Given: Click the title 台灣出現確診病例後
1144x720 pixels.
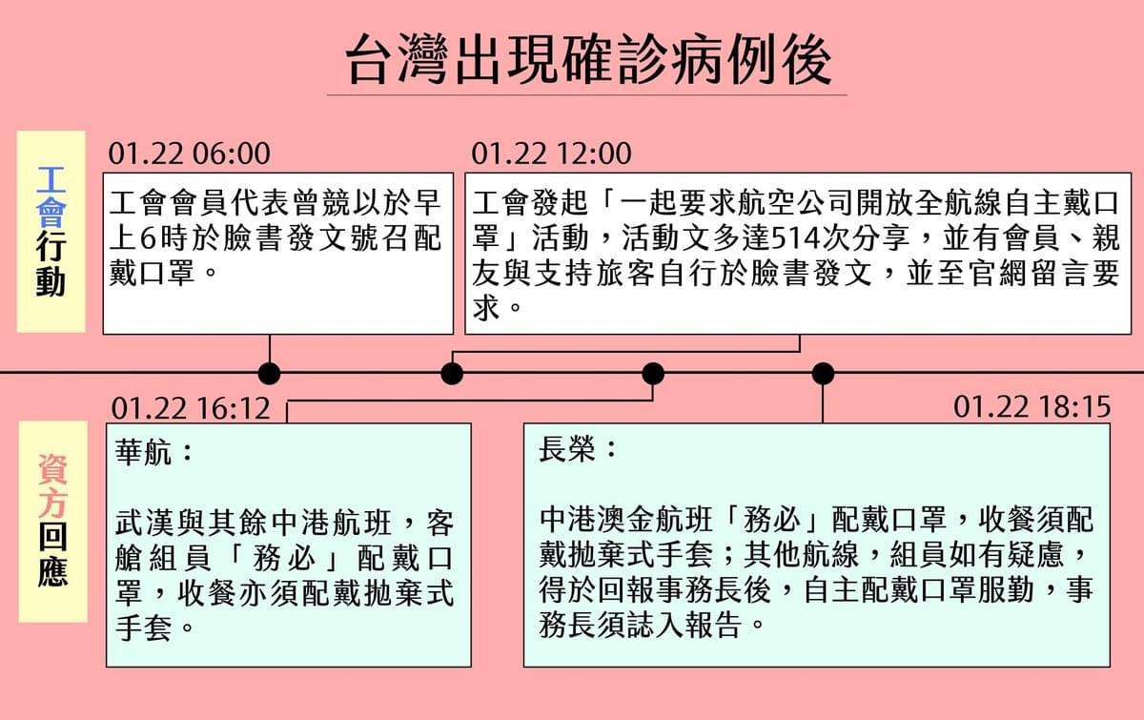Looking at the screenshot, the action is [588, 60].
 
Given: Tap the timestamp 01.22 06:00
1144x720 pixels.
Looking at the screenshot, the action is [190, 154].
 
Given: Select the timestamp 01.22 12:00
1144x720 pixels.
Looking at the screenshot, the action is [552, 154].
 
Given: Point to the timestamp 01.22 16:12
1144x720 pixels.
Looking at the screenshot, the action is [191, 408].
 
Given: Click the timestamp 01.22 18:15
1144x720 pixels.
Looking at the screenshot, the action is [1032, 407].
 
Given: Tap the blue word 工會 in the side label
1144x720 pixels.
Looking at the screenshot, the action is [51, 196].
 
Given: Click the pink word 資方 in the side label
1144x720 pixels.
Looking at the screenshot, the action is [52, 485].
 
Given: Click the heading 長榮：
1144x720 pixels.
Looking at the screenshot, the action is [578, 448].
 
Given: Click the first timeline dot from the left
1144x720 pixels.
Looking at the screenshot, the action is [269, 374].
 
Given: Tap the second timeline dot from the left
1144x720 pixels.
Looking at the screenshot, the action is [452, 374].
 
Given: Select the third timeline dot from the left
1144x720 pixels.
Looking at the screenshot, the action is [653, 374].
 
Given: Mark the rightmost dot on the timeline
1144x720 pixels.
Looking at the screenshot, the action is [823, 374].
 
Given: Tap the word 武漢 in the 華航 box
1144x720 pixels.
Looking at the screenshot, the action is [144, 523].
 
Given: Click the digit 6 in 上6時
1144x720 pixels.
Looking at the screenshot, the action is [148, 238].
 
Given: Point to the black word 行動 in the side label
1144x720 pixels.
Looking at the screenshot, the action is [51, 265].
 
